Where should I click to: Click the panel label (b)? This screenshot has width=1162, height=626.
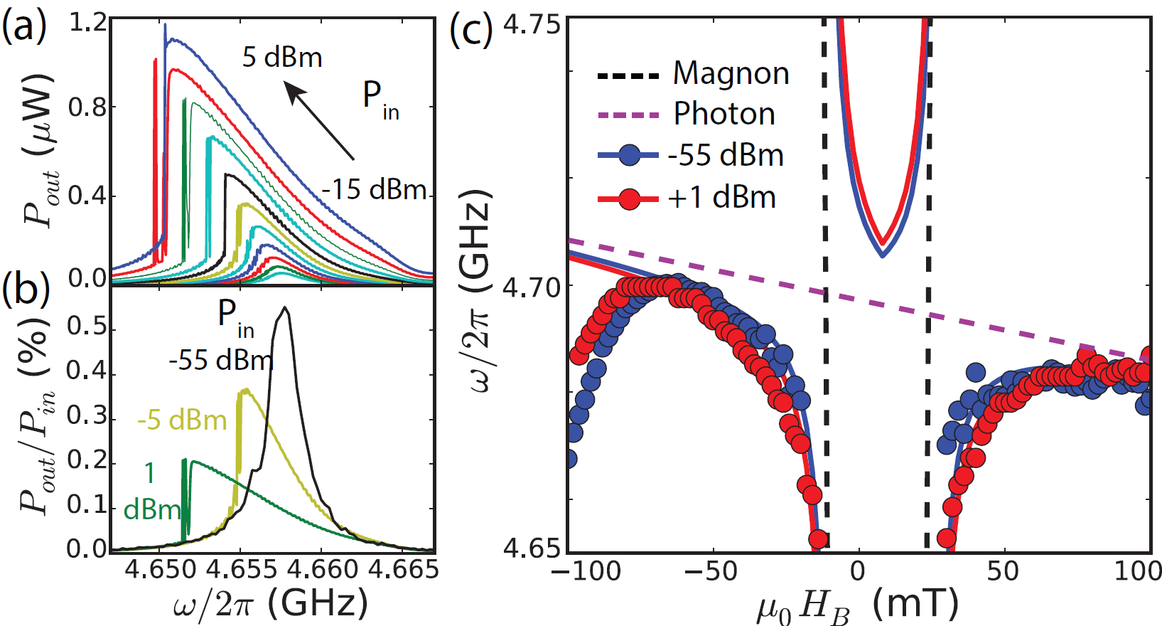[x=25, y=292]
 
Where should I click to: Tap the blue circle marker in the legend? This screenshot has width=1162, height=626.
[x=629, y=155]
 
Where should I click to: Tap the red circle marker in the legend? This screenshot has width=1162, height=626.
[x=629, y=198]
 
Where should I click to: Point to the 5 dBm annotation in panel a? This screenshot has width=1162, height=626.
[x=282, y=57]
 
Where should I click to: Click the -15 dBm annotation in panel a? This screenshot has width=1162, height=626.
[x=374, y=190]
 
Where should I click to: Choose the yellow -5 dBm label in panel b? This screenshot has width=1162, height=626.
[x=182, y=420]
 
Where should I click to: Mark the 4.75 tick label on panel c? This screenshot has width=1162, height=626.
[x=532, y=26]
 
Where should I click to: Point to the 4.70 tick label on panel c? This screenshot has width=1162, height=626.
[x=532, y=288]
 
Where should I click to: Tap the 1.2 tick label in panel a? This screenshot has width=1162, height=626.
[x=87, y=23]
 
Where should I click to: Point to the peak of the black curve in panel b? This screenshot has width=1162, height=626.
[x=285, y=307]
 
